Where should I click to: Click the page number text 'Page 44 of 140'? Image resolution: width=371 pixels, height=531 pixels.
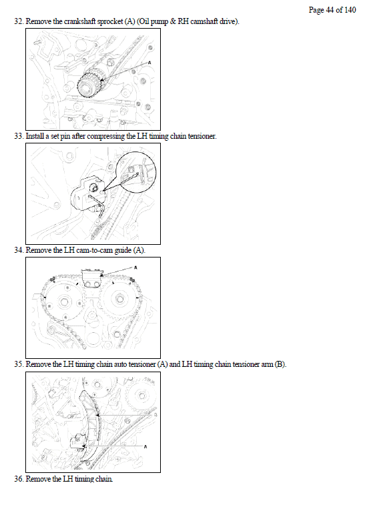332,10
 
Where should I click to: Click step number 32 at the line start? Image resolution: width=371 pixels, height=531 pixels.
19,21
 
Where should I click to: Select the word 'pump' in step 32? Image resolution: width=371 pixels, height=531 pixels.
159,22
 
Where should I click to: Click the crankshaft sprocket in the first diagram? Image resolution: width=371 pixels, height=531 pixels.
89,83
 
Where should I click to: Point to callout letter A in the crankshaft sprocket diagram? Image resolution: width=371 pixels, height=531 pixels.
149,63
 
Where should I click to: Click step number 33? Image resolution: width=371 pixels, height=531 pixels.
19,136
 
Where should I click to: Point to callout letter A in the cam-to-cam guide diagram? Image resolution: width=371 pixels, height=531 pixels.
136,268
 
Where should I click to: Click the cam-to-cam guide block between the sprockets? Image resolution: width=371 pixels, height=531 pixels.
92,278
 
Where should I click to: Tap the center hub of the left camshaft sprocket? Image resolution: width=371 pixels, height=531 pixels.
64,302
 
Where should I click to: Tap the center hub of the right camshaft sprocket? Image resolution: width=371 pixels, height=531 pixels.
119,299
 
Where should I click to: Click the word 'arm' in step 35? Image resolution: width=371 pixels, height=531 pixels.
267,365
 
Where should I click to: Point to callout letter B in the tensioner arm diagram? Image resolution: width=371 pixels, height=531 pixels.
155,415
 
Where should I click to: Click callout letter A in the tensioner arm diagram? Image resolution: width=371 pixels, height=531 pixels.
145,447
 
